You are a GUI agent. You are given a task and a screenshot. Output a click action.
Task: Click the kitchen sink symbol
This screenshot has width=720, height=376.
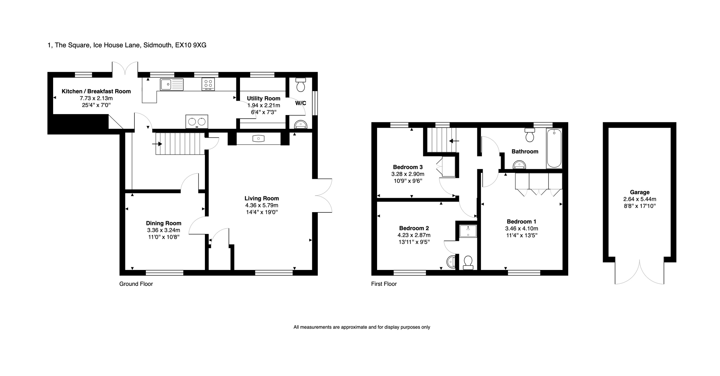point(172,84)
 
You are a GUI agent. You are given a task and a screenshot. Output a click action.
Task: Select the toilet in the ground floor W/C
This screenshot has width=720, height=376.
point(300,85)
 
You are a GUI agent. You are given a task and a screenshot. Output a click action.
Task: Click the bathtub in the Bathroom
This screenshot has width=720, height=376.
point(554,148)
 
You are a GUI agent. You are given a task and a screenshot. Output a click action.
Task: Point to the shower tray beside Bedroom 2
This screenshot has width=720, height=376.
point(468,231)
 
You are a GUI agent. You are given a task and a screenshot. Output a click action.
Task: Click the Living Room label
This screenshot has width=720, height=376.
point(262,198)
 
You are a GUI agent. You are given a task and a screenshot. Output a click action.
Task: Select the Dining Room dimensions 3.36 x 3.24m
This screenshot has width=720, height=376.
point(163,230)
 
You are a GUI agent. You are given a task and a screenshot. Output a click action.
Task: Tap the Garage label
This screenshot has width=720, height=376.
point(640,192)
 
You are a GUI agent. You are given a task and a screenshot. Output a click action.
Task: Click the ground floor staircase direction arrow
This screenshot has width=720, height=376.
point(157,144)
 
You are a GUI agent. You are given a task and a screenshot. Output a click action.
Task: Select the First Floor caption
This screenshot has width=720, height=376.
point(384,284)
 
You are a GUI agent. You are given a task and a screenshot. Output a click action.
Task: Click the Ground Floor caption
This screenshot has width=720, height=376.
point(136,284)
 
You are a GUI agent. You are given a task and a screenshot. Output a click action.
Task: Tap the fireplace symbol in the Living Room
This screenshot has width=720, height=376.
point(258,138)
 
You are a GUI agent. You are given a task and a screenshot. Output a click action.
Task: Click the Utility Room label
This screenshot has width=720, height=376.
point(263,98)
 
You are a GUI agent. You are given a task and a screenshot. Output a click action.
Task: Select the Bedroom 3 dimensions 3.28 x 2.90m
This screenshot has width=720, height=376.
point(408,174)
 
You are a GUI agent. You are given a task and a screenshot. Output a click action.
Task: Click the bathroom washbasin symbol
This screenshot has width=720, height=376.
point(519,165)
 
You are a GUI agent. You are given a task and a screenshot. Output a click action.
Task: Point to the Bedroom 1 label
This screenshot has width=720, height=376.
point(521,222)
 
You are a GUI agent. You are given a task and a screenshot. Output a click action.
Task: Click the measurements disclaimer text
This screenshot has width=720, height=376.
point(361,327)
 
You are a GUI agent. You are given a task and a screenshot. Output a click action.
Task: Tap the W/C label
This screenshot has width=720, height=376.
point(301,103)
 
